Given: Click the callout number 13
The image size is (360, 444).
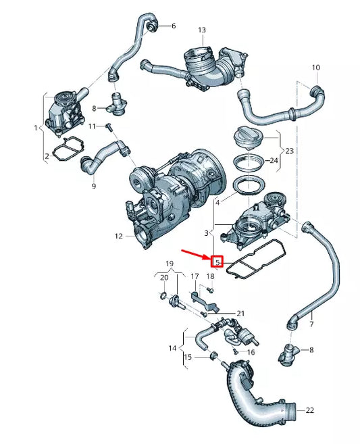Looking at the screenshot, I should [x=201, y=30].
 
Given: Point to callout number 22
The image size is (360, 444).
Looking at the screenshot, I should [x=310, y=410].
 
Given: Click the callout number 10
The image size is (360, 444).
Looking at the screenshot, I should [x=315, y=68].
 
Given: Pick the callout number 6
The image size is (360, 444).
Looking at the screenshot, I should [x=173, y=26].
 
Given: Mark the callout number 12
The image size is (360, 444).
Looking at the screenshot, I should [x=119, y=237].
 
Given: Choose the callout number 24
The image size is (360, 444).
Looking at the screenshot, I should [x=274, y=161].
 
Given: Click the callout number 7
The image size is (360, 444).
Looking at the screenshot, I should [x=311, y=325].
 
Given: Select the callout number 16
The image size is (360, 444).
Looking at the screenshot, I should [x=251, y=352].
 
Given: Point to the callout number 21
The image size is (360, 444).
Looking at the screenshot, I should [x=240, y=314].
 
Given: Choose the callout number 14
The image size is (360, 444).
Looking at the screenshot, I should [x=173, y=349].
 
